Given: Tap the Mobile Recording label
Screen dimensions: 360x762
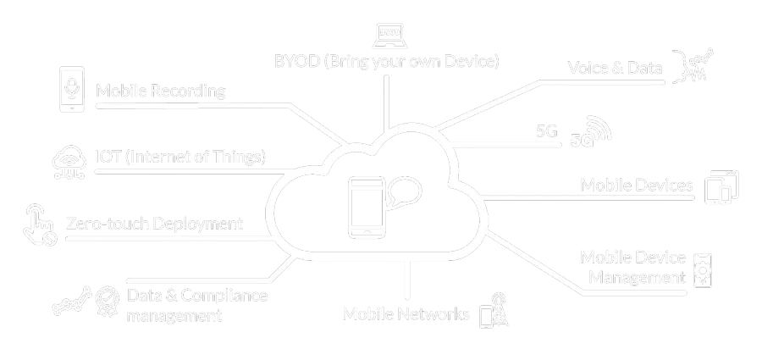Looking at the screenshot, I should pyautogui.click(x=161, y=91).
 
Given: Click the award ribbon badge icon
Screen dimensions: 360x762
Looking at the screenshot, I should pyautogui.click(x=107, y=299).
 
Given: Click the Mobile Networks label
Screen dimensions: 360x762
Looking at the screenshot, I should pyautogui.click(x=406, y=314).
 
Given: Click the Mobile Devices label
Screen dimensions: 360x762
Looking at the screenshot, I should pyautogui.click(x=637, y=186).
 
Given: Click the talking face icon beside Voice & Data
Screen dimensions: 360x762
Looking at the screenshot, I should pyautogui.click(x=694, y=66).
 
